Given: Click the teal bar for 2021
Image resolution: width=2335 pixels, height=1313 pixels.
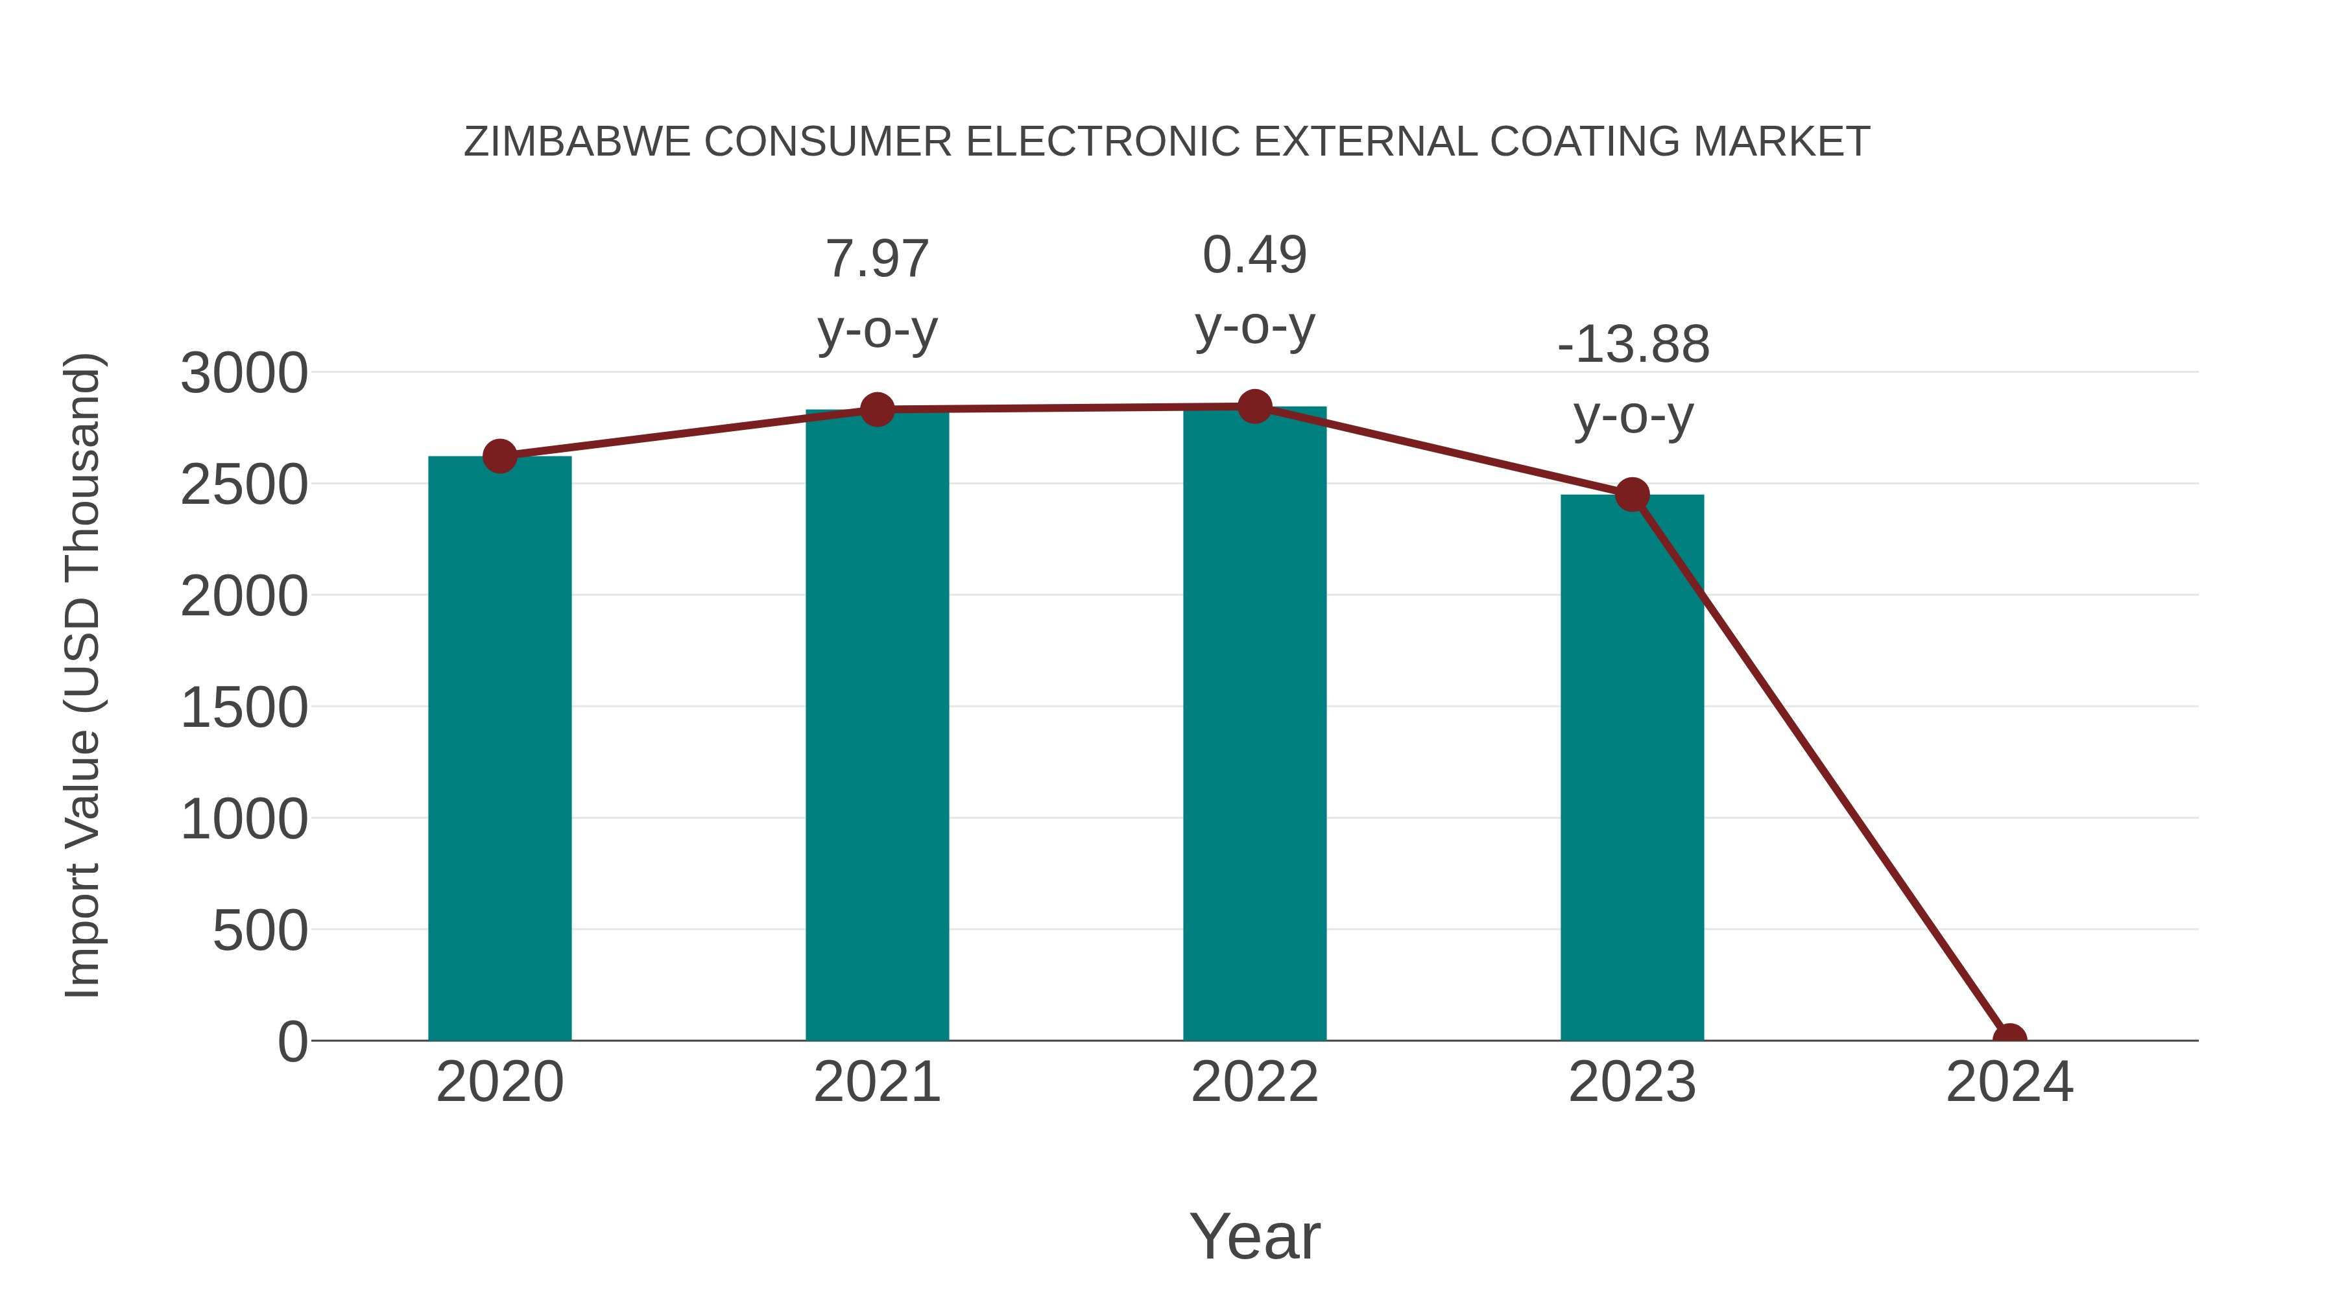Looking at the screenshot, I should pos(876,725).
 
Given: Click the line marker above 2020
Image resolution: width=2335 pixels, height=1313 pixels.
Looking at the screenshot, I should pos(499,456).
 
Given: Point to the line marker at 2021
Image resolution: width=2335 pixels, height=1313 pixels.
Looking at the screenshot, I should pos(876,410).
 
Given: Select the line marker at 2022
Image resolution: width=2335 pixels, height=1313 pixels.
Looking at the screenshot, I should pos(1254,407).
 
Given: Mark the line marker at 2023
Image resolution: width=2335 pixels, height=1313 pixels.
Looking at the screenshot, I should pos(1632,495).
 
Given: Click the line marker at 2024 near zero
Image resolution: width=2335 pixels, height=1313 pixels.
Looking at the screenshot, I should pos(2009,1039).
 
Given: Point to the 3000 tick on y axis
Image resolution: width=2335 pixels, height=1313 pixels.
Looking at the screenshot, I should pos(244,373).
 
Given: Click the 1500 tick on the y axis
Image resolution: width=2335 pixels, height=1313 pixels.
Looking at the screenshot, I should pos(244,707).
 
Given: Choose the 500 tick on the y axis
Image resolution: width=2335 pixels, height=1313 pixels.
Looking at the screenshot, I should pos(260,930).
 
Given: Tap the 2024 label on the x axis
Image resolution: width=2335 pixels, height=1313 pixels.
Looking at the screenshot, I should pos(2009,1082).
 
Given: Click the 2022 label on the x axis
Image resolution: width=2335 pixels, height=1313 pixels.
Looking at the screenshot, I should pos(1254,1082).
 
